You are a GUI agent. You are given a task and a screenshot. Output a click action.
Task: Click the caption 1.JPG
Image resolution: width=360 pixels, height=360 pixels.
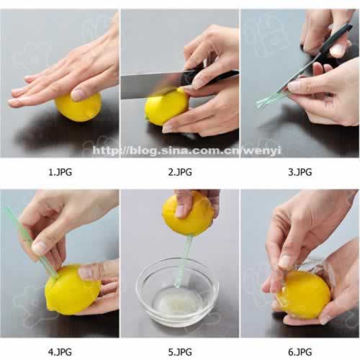coord(60,172)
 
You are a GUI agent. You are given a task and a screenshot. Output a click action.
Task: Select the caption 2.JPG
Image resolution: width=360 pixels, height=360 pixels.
coord(180,172)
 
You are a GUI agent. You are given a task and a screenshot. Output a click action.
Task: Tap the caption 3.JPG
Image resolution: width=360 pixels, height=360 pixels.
coord(300,172)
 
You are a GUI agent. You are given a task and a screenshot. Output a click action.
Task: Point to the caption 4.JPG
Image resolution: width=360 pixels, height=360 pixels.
coord(60,352)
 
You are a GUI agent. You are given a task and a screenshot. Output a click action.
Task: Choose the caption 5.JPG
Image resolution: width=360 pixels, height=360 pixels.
coord(180,352)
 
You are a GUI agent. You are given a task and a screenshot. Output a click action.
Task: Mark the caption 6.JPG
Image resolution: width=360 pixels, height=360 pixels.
coord(300,352)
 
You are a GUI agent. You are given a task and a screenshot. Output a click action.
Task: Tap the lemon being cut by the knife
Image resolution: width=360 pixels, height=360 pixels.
coord(166,107)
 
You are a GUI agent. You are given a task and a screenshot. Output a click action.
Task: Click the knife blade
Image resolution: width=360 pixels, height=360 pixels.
coord(151,85)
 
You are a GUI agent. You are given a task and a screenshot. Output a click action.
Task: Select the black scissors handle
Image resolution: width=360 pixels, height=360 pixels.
coord(336,38)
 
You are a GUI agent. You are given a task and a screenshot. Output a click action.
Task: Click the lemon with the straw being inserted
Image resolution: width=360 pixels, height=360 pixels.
coord(72,290)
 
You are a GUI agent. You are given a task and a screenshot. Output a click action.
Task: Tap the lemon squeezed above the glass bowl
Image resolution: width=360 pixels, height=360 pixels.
coord(189,214)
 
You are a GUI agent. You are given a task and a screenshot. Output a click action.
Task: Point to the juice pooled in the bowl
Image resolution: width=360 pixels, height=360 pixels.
coord(177,303)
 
